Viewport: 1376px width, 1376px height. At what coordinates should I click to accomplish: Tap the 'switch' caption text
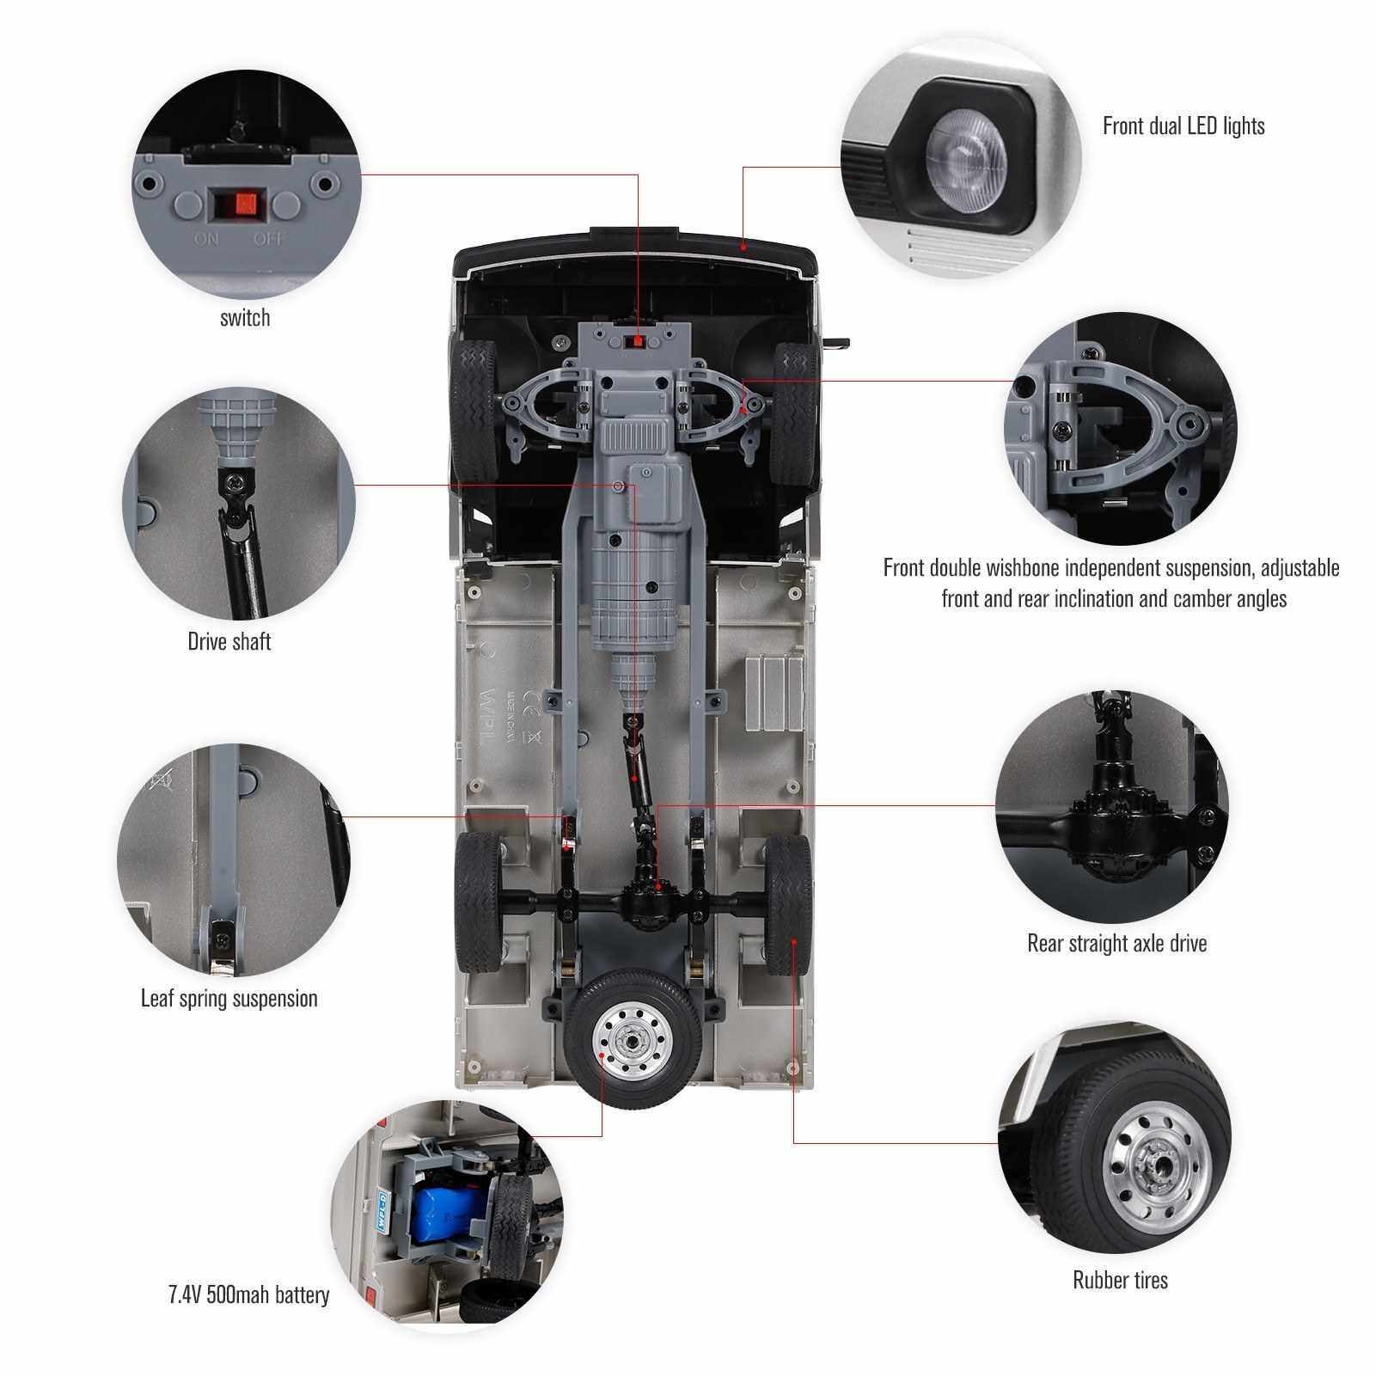pos(245,318)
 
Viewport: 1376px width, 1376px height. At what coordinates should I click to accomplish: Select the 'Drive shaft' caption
pos(229,641)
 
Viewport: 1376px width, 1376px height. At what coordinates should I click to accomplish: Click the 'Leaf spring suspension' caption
pos(229,999)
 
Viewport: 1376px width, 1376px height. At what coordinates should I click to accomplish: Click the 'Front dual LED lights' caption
pos(1183,125)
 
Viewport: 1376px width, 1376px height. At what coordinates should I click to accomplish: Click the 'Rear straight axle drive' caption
pos(1116,943)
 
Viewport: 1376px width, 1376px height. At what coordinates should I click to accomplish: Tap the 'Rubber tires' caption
pos(1120,1256)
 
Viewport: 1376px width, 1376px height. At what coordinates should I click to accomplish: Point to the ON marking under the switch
pos(207,238)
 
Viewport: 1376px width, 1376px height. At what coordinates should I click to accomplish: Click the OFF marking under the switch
pos(268,238)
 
